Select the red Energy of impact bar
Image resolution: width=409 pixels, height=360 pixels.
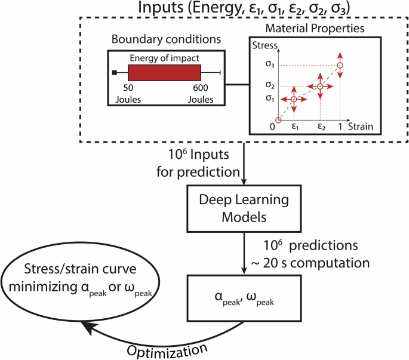click(164, 72)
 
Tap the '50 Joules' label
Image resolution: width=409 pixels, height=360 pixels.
click(128, 94)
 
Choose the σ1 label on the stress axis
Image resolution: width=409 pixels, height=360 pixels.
click(271, 99)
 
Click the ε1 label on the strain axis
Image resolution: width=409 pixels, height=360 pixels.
click(294, 127)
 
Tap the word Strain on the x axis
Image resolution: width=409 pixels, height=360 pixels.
click(361, 127)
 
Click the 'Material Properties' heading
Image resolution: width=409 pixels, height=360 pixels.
click(315, 28)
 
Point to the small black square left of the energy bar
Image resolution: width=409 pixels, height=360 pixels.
click(113, 72)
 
